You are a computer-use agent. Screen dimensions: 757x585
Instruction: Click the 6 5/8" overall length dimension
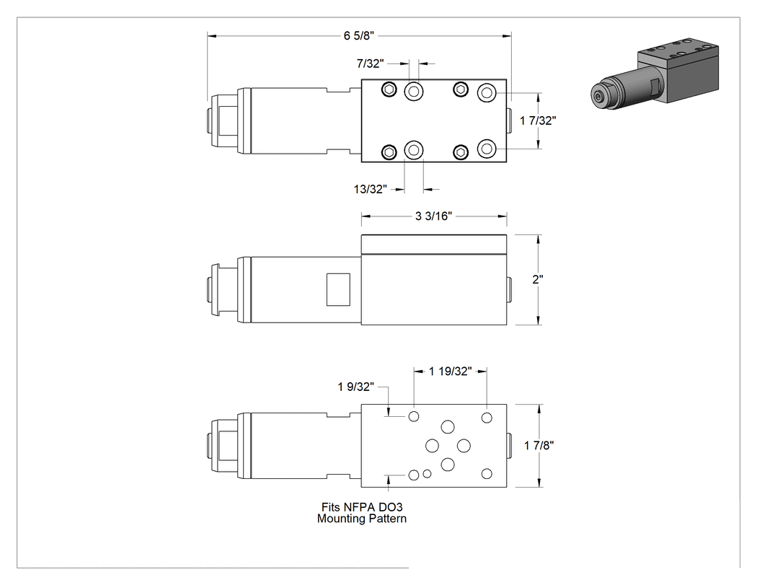pos(359,36)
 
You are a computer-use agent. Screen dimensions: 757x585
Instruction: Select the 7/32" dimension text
pos(371,63)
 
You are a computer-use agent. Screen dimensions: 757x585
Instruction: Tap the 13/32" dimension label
pos(371,189)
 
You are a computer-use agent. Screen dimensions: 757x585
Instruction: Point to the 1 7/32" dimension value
pos(538,120)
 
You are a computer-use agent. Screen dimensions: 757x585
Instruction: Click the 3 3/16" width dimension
pos(433,216)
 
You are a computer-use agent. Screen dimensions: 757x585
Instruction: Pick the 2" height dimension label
pos(538,279)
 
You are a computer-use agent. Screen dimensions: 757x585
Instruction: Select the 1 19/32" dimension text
pos(451,371)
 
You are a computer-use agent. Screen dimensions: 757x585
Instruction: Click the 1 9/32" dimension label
pos(356,387)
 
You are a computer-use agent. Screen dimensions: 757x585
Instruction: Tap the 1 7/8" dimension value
pos(539,445)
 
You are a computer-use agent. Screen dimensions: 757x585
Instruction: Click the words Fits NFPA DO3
pos(362,507)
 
